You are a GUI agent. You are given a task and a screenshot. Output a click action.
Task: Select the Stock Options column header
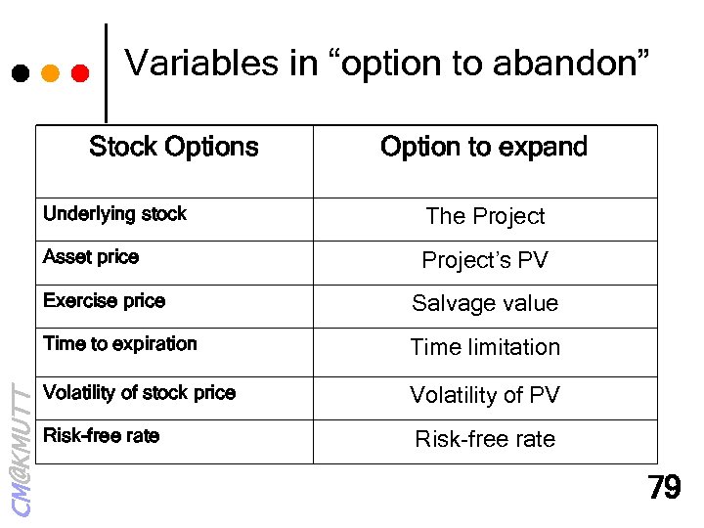[173, 148]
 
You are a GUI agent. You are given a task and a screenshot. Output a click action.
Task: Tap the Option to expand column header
[484, 148]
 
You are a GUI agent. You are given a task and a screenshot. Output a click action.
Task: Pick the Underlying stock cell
[114, 214]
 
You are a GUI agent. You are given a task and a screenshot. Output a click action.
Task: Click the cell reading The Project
[485, 217]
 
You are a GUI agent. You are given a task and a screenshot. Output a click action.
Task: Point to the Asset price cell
[91, 257]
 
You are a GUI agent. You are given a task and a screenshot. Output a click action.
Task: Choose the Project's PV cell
[485, 261]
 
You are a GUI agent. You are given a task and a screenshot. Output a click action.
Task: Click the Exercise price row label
[104, 301]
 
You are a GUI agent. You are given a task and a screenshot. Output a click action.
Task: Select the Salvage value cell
[485, 304]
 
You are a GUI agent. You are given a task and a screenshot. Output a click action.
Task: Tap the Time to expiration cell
[120, 344]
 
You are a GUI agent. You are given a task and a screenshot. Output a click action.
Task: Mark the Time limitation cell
[485, 348]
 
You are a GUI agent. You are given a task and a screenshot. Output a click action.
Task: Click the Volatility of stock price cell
[139, 393]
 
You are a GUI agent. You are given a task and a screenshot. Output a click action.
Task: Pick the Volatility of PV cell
[485, 396]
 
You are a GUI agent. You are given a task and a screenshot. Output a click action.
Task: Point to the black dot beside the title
[20, 73]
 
